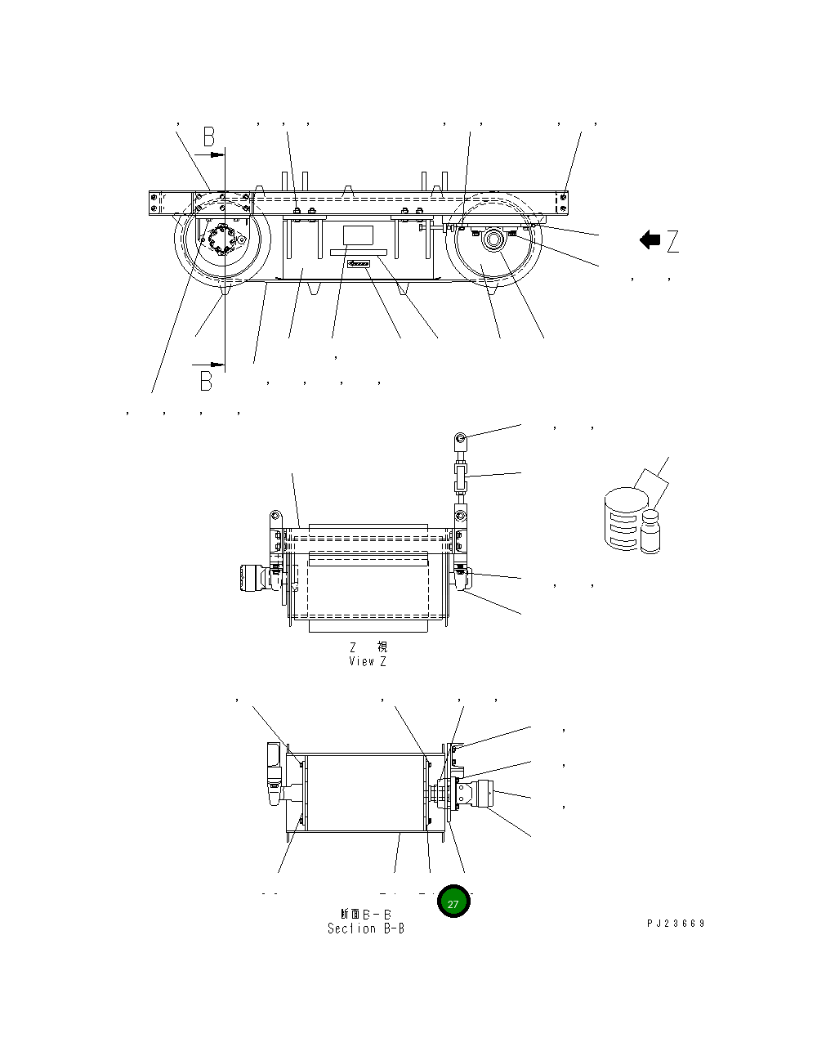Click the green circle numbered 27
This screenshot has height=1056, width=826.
453,902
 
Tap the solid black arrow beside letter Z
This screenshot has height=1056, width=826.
650,240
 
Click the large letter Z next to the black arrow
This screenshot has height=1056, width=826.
672,241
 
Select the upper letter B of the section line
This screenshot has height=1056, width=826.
209,136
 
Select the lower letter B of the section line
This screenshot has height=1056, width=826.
207,380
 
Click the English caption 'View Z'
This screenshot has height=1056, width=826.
367,661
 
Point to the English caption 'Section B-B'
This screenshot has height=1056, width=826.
365,928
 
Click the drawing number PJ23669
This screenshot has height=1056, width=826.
675,924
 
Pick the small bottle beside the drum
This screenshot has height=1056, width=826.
650,531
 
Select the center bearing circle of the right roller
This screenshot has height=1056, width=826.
493,239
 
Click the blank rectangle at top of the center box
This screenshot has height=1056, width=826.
358,235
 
